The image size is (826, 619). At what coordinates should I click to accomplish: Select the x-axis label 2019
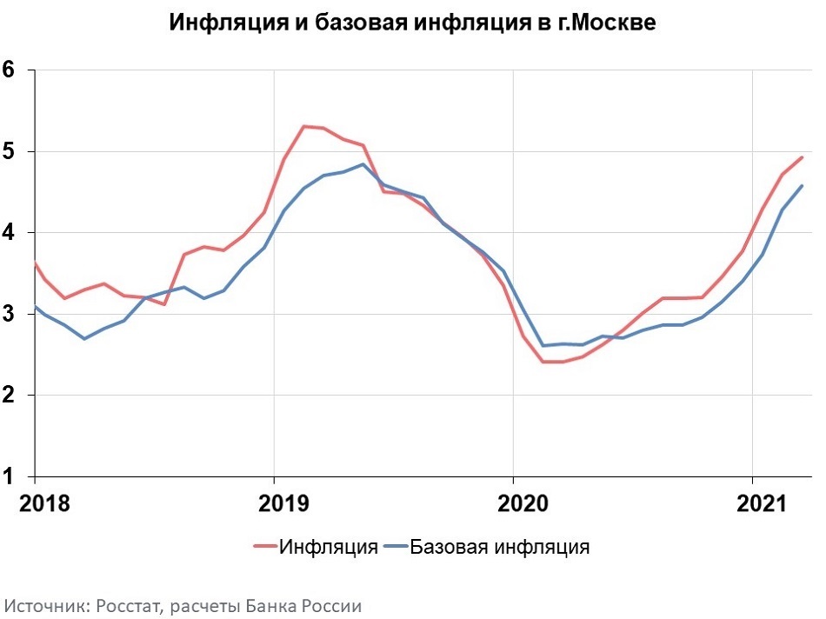coord(274,503)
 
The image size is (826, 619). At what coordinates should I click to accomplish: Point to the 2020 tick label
coord(513,503)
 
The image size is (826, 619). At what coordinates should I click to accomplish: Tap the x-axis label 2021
coord(752,503)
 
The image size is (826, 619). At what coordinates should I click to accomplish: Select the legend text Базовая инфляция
coord(500,547)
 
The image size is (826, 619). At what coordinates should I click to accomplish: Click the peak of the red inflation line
coord(303,126)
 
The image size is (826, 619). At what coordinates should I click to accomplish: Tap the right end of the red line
coord(802,157)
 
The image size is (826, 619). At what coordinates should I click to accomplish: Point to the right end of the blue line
coord(802,185)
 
